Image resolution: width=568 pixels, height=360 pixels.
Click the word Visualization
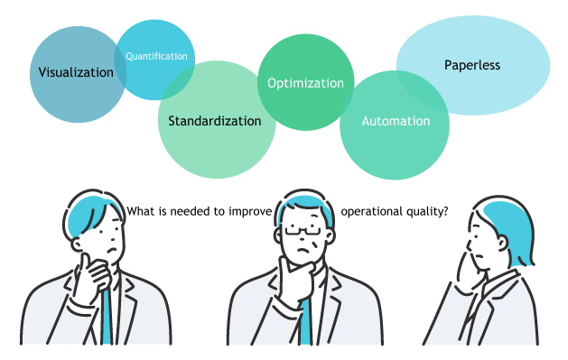(77, 72)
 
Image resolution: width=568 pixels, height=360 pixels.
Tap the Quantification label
(157, 56)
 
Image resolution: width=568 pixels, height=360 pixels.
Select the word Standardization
(215, 120)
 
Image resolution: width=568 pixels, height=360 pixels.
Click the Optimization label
(305, 83)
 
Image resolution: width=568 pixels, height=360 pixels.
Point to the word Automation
(396, 120)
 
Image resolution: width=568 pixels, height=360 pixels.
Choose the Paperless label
(471, 65)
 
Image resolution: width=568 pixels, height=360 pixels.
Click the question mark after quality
(446, 212)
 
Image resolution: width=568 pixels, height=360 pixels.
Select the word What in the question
(142, 212)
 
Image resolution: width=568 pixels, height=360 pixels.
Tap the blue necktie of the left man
(107, 316)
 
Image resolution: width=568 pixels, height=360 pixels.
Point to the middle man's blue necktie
(305, 320)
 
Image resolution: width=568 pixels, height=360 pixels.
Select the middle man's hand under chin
(293, 271)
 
